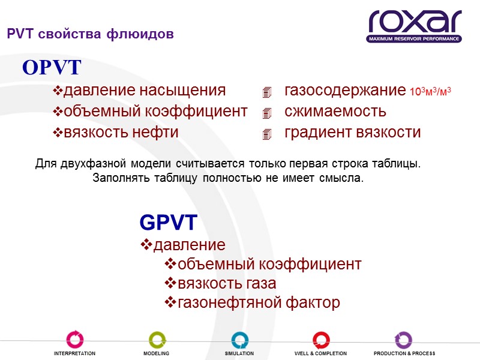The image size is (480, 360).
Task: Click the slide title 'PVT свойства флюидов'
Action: coord(90,35)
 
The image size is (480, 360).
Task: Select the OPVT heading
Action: coord(52,68)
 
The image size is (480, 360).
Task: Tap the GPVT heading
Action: coord(168,223)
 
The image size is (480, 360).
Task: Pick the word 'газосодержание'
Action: coord(344,91)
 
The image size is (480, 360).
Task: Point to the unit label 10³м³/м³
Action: coord(430,92)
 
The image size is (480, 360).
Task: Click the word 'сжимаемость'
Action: coord(335,112)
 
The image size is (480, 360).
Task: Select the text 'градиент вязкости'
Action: coord(352,132)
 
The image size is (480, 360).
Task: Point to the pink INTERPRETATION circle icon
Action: coord(75,340)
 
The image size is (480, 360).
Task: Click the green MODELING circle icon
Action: coord(157,340)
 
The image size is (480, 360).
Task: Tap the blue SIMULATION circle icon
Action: coord(239,340)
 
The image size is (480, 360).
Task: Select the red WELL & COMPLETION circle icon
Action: coord(321,340)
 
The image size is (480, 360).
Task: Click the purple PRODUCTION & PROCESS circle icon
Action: coord(404,340)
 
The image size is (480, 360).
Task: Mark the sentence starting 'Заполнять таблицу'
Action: coord(228,178)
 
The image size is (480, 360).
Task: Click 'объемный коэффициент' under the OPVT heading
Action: coord(155,112)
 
